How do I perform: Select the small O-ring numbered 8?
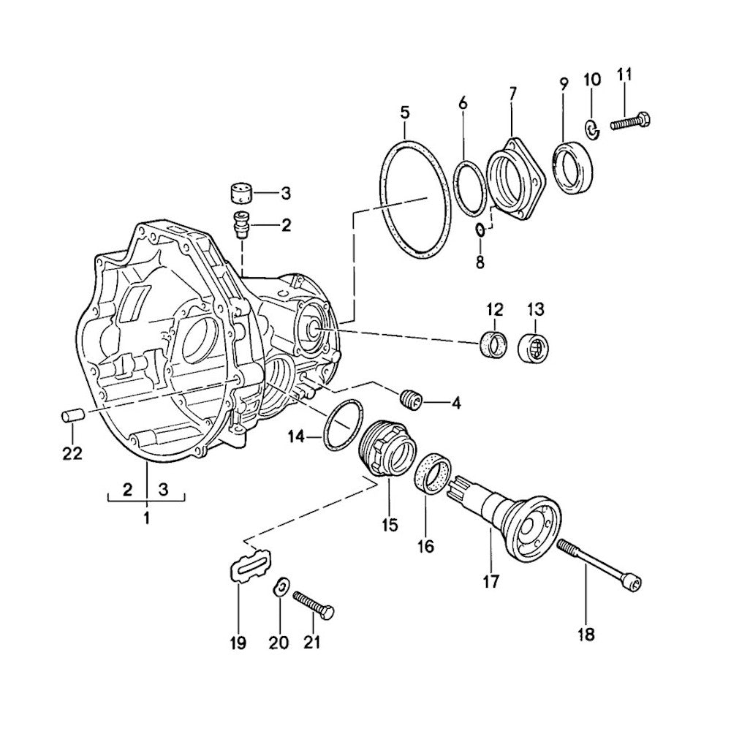tap(480, 230)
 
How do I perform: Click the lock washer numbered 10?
tap(591, 129)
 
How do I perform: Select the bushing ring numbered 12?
tap(493, 344)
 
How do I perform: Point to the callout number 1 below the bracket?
tap(146, 518)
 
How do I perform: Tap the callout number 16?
tap(426, 545)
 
